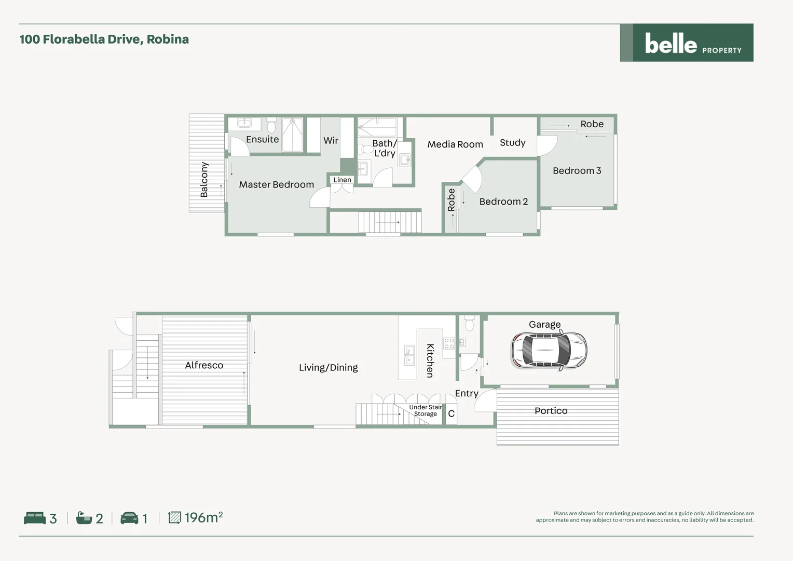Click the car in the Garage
point(549,351)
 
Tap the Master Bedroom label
point(276,184)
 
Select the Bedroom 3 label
point(577,170)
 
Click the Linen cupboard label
point(342,180)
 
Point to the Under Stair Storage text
point(425,410)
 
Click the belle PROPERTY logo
point(686,43)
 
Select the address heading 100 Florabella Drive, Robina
point(104,39)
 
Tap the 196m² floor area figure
point(203,517)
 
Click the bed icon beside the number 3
point(35,518)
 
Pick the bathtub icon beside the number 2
point(84,518)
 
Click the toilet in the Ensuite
point(271,126)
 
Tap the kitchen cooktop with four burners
point(449,343)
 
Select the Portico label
point(551,411)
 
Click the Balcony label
point(204,179)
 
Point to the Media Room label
point(455,144)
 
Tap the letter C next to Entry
point(451,413)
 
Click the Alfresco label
point(204,365)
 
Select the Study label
point(512,142)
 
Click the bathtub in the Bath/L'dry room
point(377,127)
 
